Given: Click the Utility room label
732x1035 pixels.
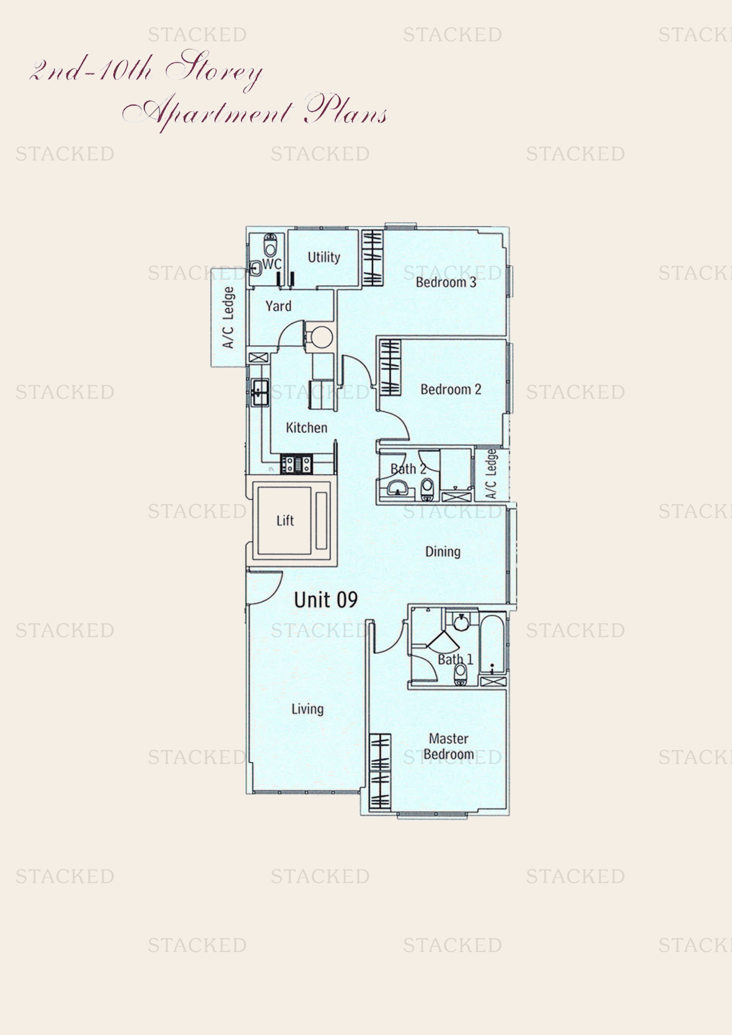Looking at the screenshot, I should point(324,258).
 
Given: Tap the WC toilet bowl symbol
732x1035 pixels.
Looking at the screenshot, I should point(270,246).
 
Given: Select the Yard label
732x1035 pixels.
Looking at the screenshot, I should point(278,306).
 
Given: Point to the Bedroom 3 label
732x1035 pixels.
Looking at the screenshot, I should point(445,282).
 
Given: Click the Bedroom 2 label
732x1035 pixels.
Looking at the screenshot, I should point(450,389).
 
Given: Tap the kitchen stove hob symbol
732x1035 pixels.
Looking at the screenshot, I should point(296,464).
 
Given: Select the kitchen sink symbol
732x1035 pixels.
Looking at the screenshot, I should point(260,392).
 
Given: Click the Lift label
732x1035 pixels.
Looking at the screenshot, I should point(285,521).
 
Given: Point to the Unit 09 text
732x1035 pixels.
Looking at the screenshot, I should point(325,600).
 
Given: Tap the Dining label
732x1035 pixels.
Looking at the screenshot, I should point(443,552).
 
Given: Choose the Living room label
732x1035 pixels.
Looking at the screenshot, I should point(308,709).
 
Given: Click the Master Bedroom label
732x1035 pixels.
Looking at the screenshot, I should point(448,746).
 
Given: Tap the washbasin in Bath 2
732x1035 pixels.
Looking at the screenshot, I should point(397,488).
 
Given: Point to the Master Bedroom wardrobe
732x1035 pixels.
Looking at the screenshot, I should point(380,771).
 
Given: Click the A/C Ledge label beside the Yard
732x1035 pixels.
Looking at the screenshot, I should point(228,317).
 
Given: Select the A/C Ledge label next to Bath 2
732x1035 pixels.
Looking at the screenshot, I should point(491,474).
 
